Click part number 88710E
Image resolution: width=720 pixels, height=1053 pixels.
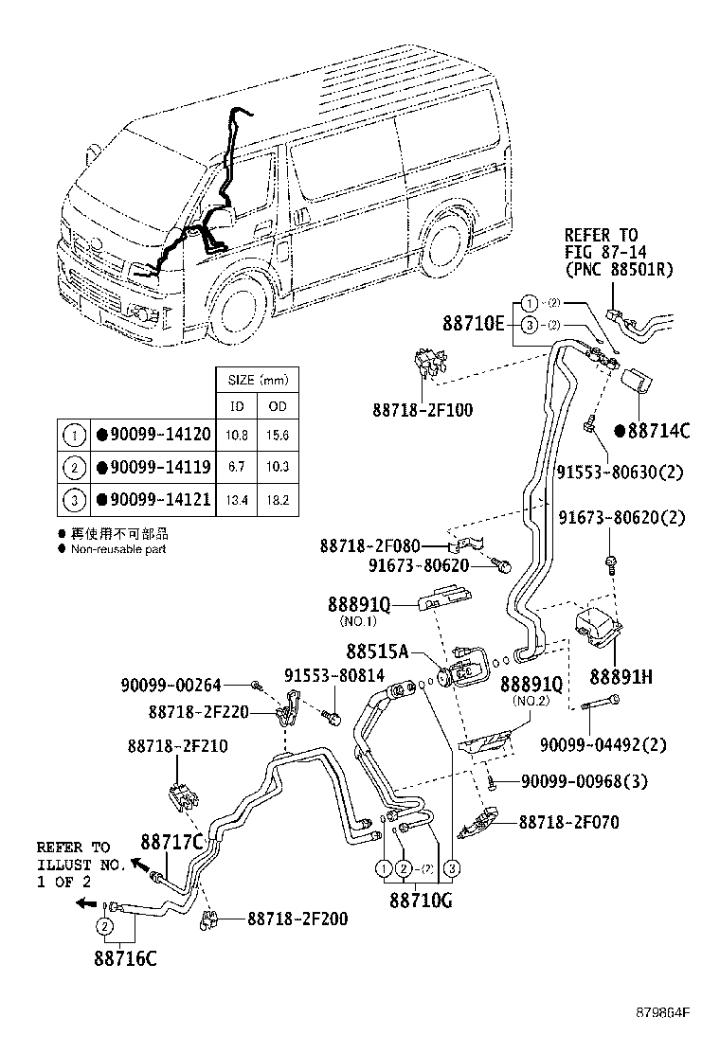point(474,323)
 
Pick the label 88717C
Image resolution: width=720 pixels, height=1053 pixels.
point(172,842)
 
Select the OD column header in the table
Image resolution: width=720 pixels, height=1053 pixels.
point(278,407)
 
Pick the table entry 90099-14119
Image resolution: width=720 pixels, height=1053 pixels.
point(157,467)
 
